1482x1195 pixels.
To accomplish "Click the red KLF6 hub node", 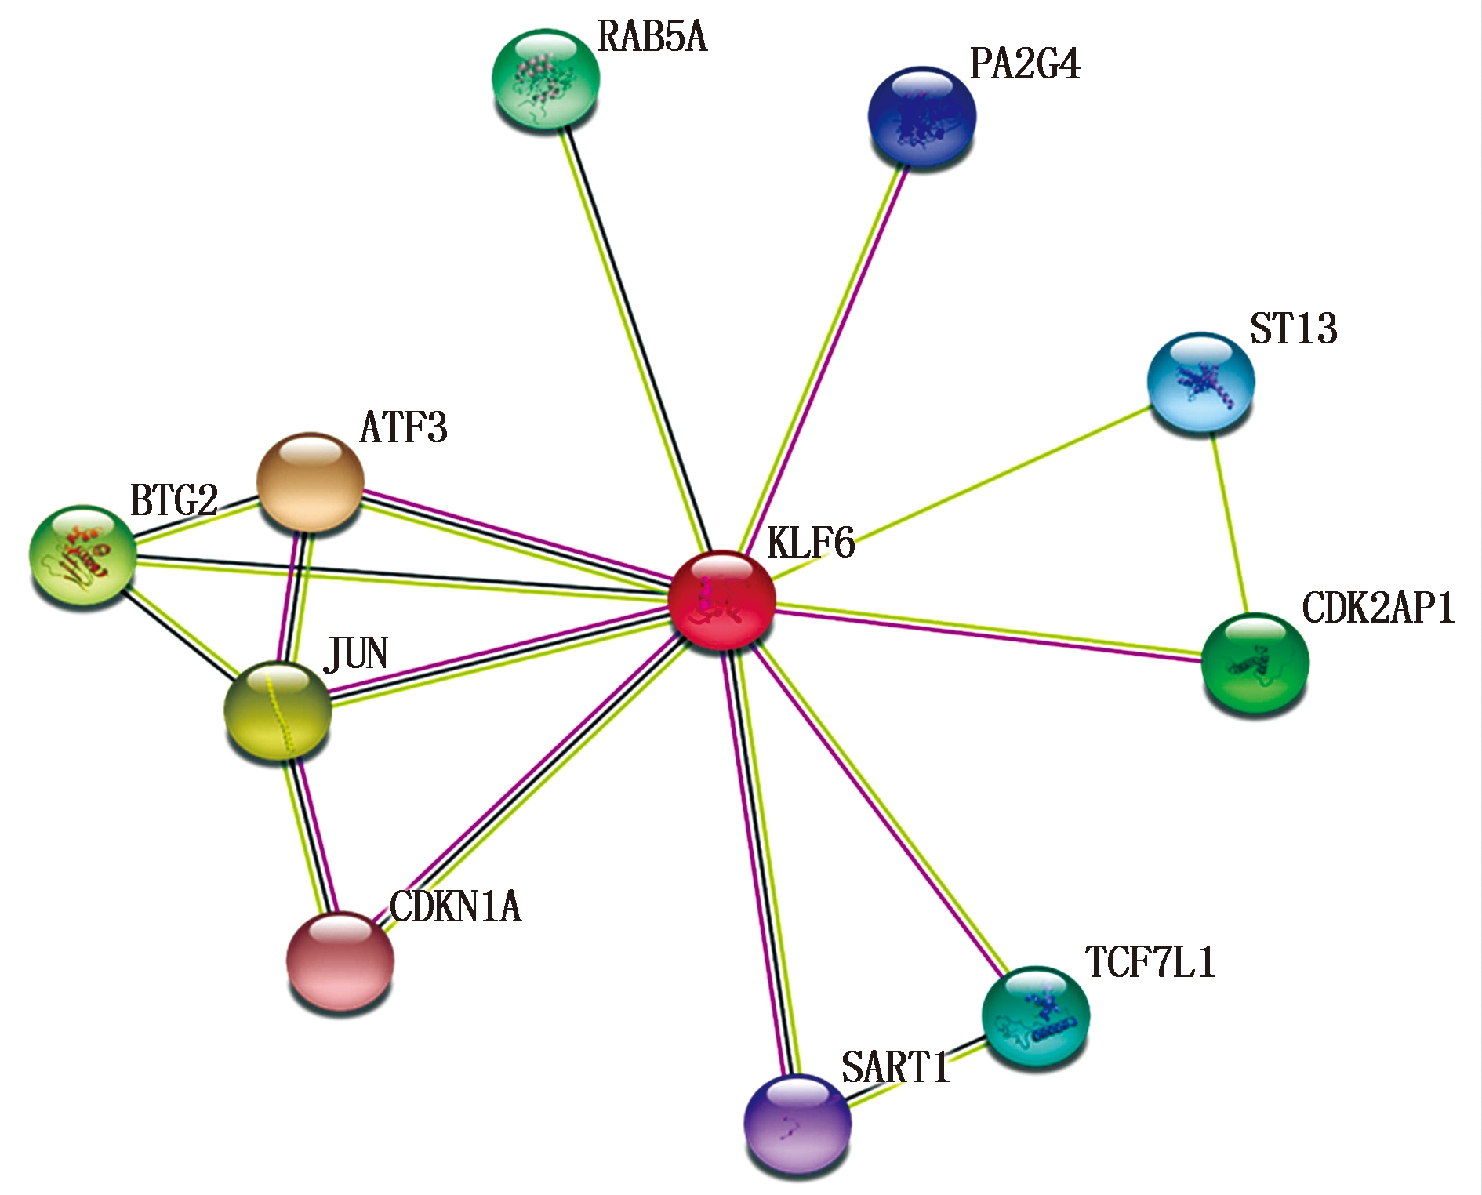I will tap(721, 599).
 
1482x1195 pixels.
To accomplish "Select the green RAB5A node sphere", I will tap(546, 78).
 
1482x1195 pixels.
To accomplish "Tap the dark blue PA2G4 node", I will tap(922, 116).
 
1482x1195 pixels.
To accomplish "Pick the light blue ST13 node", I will tap(1200, 383).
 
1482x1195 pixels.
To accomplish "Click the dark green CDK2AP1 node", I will tap(1255, 663).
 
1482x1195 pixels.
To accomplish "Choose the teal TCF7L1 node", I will tap(1035, 1015).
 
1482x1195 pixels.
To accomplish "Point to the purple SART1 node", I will tap(797, 1123).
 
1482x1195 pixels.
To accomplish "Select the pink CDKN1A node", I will tap(340, 961).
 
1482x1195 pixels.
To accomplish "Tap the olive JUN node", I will tap(278, 710).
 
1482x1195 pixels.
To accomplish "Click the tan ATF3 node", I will tap(311, 481).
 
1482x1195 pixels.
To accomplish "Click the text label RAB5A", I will tap(652, 38).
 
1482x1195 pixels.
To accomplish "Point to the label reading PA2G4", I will tap(1024, 64).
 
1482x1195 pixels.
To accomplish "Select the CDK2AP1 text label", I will tap(1378, 608).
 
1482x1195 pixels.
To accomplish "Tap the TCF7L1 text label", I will tap(1150, 963).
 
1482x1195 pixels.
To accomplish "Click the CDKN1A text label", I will tap(455, 907).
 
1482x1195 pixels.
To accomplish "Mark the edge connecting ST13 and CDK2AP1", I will tap(1229, 523).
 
